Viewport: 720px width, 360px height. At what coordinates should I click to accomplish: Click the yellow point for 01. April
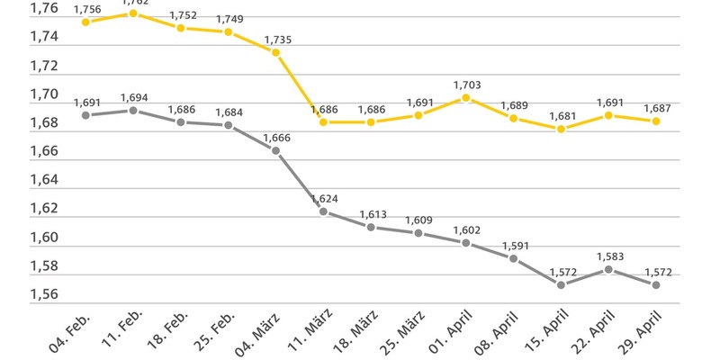tap(465, 97)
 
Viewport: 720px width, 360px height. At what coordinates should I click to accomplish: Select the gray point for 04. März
tap(275, 150)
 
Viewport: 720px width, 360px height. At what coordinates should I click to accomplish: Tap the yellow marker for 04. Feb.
tap(85, 22)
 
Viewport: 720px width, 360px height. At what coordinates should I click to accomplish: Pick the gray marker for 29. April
tap(655, 284)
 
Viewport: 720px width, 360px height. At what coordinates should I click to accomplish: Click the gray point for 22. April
tap(608, 269)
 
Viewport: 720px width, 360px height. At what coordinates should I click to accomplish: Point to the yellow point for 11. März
tap(323, 121)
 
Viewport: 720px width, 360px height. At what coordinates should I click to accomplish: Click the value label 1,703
tap(465, 85)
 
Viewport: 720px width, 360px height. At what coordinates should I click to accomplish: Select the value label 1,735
tap(275, 40)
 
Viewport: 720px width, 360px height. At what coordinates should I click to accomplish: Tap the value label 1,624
tap(323, 198)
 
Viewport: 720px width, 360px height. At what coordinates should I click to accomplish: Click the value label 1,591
tap(513, 245)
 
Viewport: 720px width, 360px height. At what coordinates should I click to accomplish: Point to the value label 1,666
tap(275, 137)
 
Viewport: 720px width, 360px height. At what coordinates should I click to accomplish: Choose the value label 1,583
tap(608, 256)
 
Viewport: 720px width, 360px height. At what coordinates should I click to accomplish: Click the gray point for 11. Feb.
tap(133, 110)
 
